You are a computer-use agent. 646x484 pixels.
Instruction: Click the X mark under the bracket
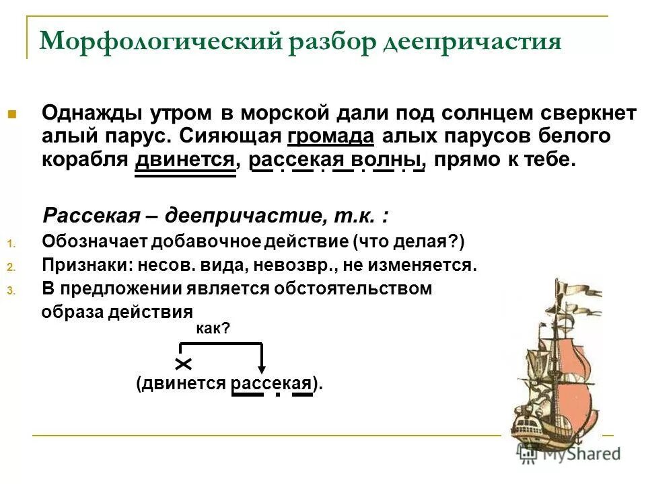coord(183,364)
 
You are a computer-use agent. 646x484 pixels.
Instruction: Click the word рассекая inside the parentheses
coord(273,384)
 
